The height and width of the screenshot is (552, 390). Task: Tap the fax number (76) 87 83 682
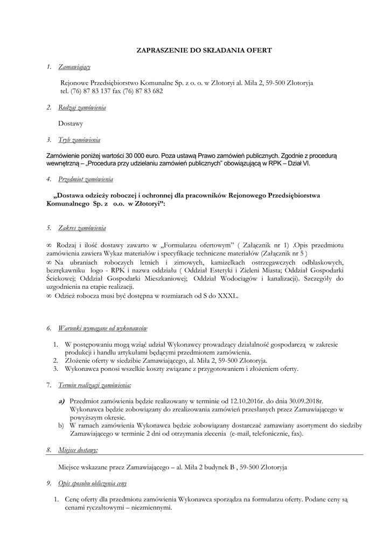[145, 91]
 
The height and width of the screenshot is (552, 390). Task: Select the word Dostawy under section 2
[71, 124]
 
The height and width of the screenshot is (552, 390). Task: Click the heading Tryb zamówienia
[79, 140]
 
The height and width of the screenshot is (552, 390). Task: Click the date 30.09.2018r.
[305, 401]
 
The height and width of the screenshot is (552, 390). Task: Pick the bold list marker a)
[62, 401]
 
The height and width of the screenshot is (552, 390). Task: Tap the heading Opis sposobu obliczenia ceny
[93, 484]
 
